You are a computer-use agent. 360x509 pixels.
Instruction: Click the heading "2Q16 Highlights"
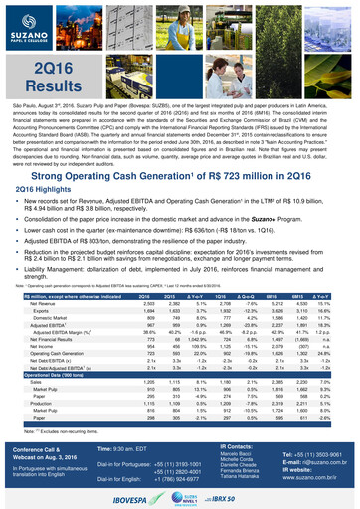(50, 160)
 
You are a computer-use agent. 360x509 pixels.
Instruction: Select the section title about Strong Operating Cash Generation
(180, 146)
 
